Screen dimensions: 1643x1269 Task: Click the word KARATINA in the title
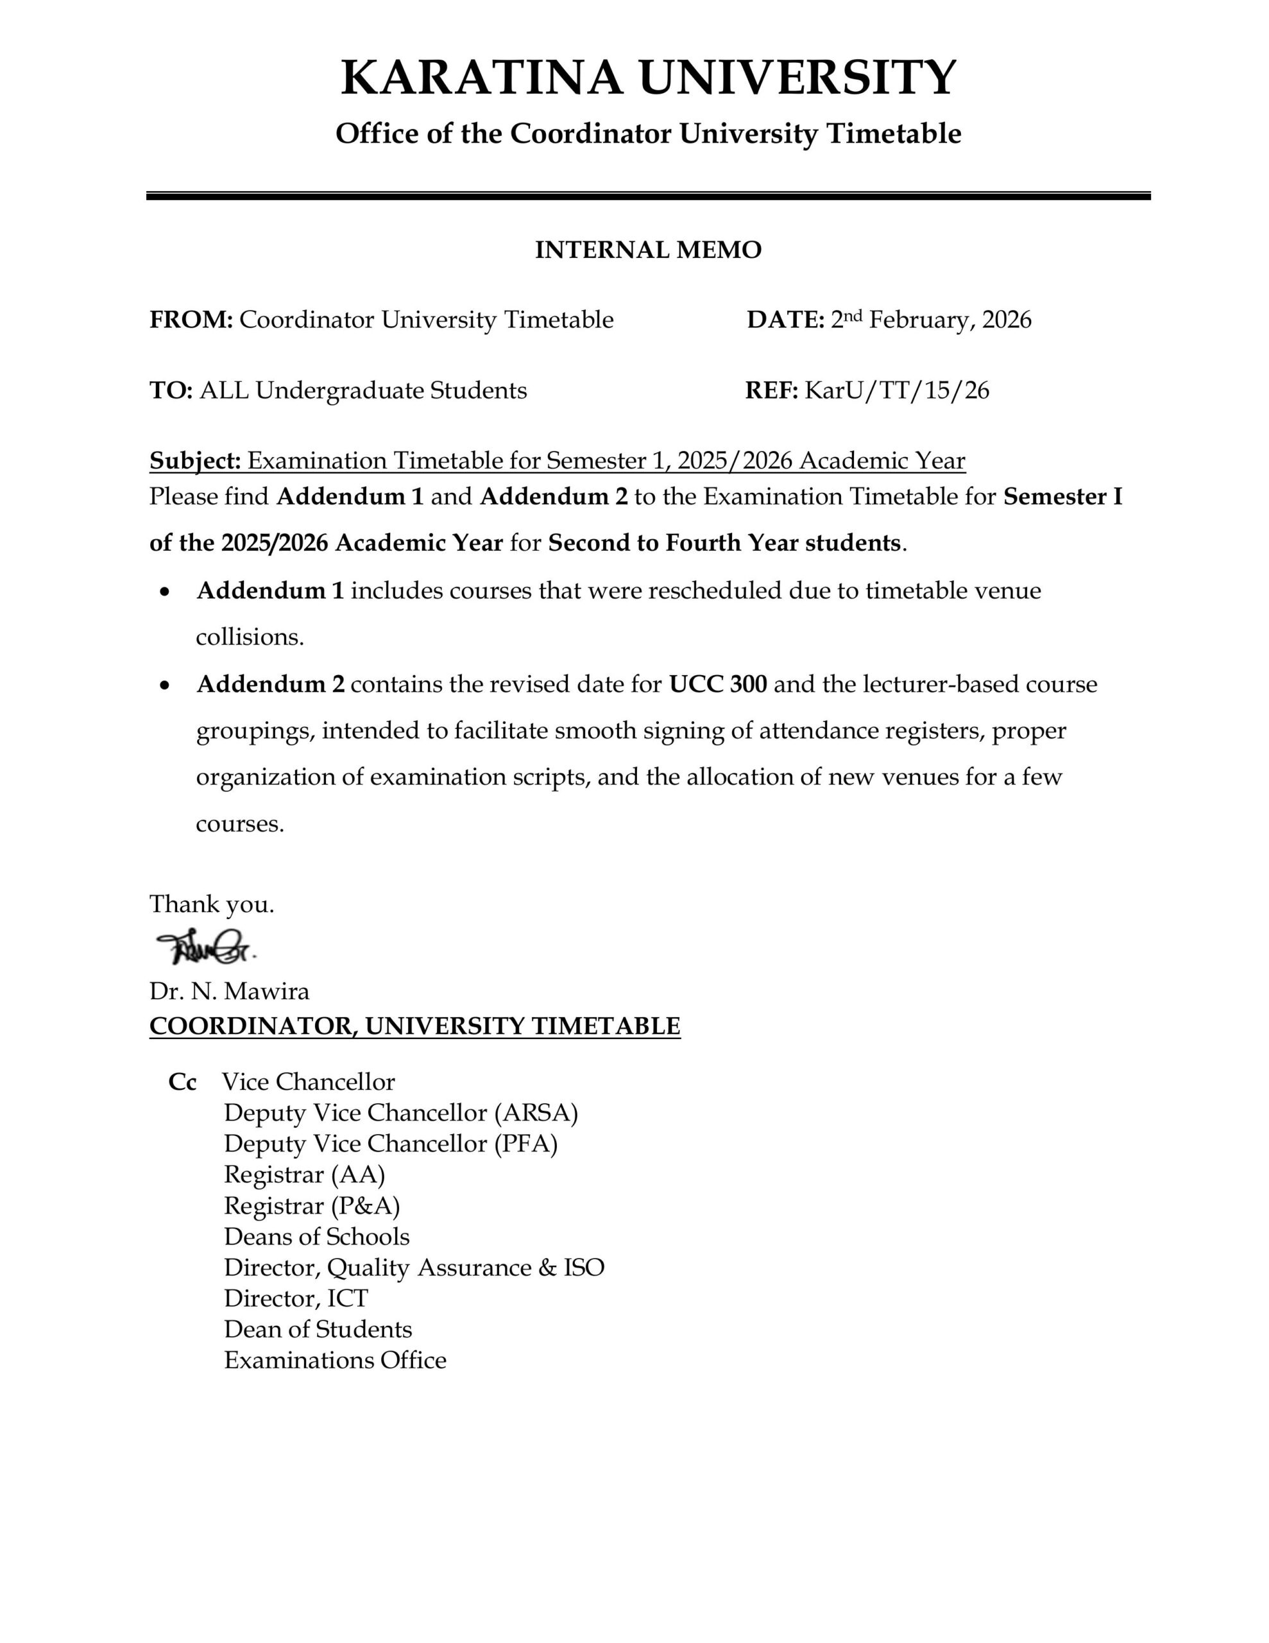click(x=481, y=78)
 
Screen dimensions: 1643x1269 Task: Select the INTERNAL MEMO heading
click(x=648, y=250)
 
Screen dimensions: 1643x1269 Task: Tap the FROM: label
click(x=191, y=320)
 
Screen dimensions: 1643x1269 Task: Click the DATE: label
click(x=785, y=320)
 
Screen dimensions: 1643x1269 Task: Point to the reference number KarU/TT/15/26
click(x=897, y=390)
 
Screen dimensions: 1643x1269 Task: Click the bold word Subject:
click(x=195, y=460)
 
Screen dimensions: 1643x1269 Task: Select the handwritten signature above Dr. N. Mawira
click(x=205, y=948)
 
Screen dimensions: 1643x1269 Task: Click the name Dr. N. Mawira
click(x=230, y=991)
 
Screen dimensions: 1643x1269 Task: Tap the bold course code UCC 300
click(x=718, y=684)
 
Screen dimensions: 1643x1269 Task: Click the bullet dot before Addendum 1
click(x=165, y=592)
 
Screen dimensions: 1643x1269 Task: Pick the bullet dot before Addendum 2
click(x=165, y=685)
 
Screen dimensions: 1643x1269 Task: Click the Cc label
click(x=182, y=1082)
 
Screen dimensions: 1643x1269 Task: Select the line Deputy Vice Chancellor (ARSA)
click(x=400, y=1113)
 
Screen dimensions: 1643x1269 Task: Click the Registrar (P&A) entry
click(x=311, y=1205)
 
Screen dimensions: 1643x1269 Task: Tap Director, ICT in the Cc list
click(x=296, y=1298)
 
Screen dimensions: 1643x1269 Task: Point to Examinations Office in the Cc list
click(x=335, y=1360)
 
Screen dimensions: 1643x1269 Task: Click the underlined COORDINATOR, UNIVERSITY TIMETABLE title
click(x=414, y=1026)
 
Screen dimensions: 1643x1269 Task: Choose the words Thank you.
click(x=211, y=904)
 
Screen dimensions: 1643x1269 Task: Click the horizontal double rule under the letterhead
click(x=648, y=196)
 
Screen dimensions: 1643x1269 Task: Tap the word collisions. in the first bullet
click(x=250, y=637)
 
